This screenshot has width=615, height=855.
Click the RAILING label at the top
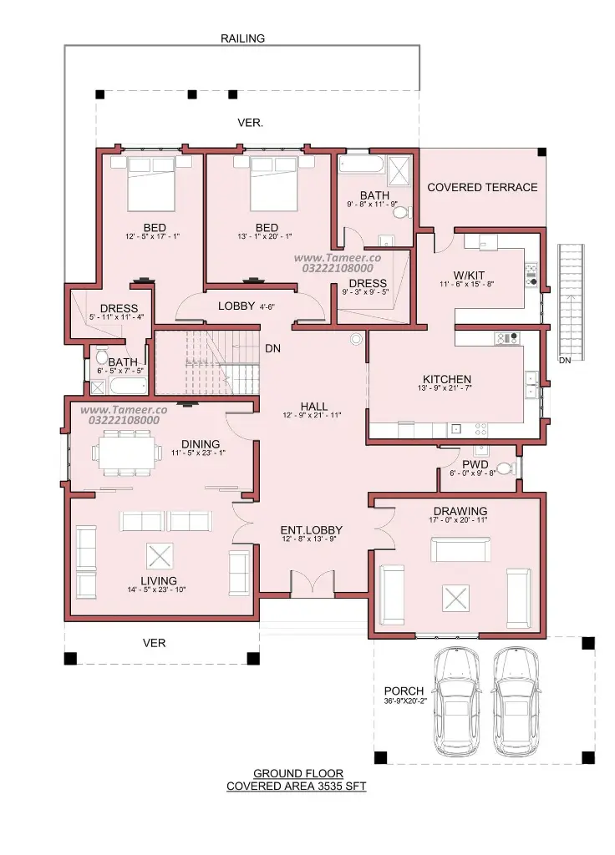(x=242, y=38)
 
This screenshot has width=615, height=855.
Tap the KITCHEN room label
(x=447, y=379)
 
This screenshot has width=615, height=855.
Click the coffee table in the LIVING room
(x=160, y=556)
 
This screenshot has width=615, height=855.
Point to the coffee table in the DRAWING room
(x=456, y=598)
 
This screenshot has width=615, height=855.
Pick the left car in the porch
(x=458, y=701)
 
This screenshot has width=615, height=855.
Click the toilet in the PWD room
(x=505, y=468)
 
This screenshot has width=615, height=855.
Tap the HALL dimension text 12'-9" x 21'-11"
(x=313, y=415)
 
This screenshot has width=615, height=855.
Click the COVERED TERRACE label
(x=482, y=187)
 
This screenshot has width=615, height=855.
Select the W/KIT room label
(x=469, y=276)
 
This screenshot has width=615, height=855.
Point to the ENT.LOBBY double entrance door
(x=312, y=582)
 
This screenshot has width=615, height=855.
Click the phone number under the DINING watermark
(x=124, y=420)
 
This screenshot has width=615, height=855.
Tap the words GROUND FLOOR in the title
(x=298, y=773)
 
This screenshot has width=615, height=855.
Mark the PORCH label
(x=404, y=691)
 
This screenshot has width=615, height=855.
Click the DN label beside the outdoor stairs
(x=565, y=361)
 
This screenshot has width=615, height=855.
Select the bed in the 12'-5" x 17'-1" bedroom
(x=151, y=183)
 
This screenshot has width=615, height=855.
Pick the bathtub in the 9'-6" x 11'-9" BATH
(x=361, y=164)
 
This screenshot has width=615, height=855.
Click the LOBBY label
(x=236, y=306)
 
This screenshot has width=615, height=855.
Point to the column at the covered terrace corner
(x=541, y=152)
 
